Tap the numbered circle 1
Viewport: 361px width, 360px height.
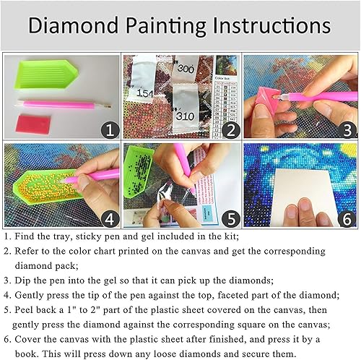pyautogui.click(x=108, y=130)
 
